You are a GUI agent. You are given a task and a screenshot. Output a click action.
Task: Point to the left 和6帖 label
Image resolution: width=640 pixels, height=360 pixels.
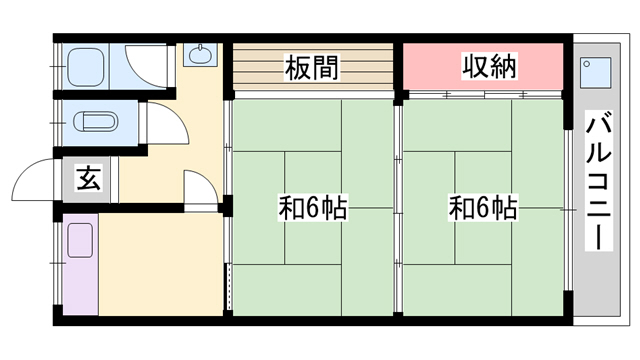pos(312,209)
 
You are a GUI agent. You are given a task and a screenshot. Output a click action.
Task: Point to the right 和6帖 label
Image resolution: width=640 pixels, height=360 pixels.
pos(483,209)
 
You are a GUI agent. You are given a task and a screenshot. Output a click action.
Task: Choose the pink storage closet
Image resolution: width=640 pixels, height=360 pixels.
pos(485,68)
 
